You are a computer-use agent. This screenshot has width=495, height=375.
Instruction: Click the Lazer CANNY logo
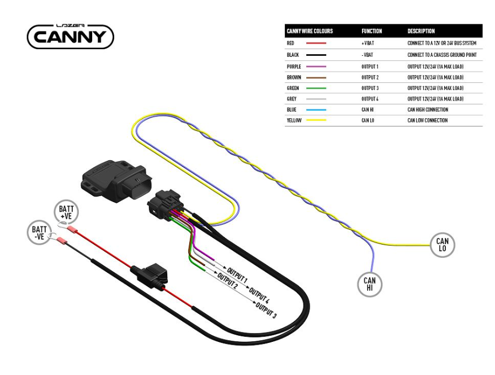(x=70, y=36)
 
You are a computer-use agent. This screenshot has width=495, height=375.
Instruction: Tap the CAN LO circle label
(x=442, y=245)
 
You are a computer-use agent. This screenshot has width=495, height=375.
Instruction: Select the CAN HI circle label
(x=369, y=284)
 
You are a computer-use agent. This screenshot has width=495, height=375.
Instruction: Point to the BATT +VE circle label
(x=66, y=213)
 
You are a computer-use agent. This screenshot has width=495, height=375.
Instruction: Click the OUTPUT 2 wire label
(x=227, y=282)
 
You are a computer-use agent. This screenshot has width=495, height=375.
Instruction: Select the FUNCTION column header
(x=371, y=31)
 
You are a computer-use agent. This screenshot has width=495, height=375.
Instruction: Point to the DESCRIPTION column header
(x=421, y=31)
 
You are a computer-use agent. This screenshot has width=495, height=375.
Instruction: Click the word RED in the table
(x=291, y=43)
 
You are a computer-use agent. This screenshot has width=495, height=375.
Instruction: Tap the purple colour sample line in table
(x=316, y=66)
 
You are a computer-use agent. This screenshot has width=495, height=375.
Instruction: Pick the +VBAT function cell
(x=367, y=43)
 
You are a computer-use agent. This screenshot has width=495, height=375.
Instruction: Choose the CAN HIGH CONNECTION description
(x=427, y=109)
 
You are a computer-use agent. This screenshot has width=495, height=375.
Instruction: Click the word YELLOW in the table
(x=294, y=120)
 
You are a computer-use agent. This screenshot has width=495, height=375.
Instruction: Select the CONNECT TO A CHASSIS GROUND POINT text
(x=441, y=55)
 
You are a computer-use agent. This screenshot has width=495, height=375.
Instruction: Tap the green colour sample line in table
(x=316, y=88)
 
